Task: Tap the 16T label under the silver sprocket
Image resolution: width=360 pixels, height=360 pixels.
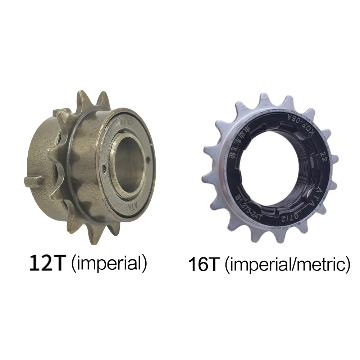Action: click(x=204, y=265)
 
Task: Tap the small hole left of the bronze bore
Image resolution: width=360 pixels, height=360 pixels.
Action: click(x=104, y=167)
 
